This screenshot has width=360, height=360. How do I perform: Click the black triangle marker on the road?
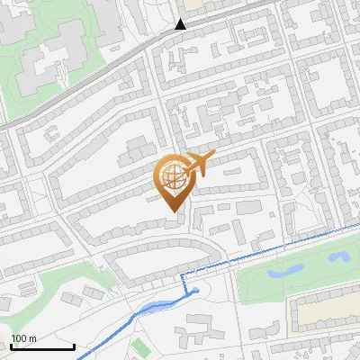click(181, 24)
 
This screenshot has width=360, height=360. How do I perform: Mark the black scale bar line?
click(41, 346)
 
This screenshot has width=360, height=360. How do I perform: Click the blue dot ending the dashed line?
click(195, 290)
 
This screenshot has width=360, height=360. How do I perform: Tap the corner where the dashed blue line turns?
click(183, 272)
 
